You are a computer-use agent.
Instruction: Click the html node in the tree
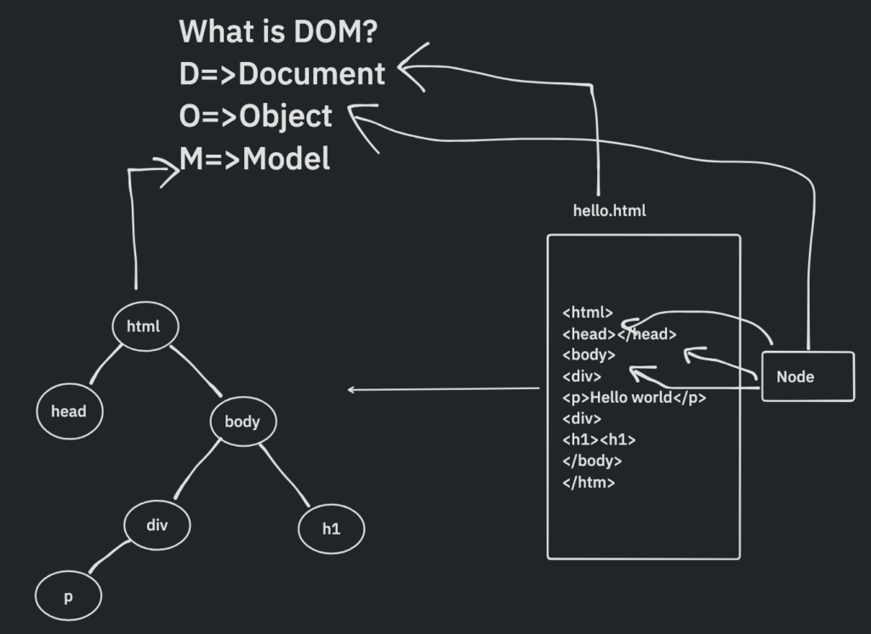pyautogui.click(x=143, y=325)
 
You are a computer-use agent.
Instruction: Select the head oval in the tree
pyautogui.click(x=69, y=411)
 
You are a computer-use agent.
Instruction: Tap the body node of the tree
pyautogui.click(x=242, y=421)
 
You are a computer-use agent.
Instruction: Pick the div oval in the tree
pyautogui.click(x=157, y=524)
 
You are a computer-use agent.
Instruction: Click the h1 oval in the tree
pyautogui.click(x=331, y=529)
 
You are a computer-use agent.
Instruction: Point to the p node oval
pyautogui.click(x=68, y=597)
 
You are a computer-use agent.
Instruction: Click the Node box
pyautogui.click(x=806, y=376)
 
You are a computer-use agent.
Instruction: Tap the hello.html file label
pyautogui.click(x=609, y=210)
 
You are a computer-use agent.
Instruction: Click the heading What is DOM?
pyautogui.click(x=279, y=32)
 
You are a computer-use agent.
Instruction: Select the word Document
pyautogui.click(x=312, y=75)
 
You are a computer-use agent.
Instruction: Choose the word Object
pyautogui.click(x=286, y=116)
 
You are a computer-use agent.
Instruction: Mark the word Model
pyautogui.click(x=287, y=159)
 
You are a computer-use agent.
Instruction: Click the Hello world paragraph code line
pyautogui.click(x=634, y=397)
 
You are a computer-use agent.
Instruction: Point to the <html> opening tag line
pyautogui.click(x=588, y=313)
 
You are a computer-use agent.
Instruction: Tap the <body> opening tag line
pyautogui.click(x=589, y=354)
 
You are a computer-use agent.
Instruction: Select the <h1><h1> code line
pyautogui.click(x=599, y=439)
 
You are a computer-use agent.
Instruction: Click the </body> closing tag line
pyautogui.click(x=592, y=461)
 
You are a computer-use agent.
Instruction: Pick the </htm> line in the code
pyautogui.click(x=589, y=482)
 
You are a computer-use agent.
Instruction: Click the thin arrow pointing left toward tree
pyautogui.click(x=442, y=389)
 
